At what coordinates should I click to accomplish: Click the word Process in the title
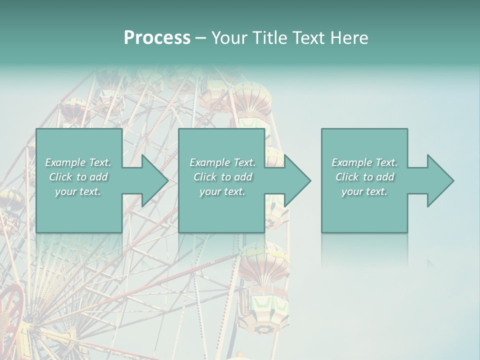[x=157, y=38]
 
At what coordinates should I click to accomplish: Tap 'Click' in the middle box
[x=204, y=177]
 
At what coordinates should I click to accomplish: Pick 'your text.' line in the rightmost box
[x=364, y=191]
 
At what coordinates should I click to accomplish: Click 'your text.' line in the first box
[x=78, y=191]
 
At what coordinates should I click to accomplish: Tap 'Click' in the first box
[x=60, y=177]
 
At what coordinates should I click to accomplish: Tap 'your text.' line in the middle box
[x=222, y=191]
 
